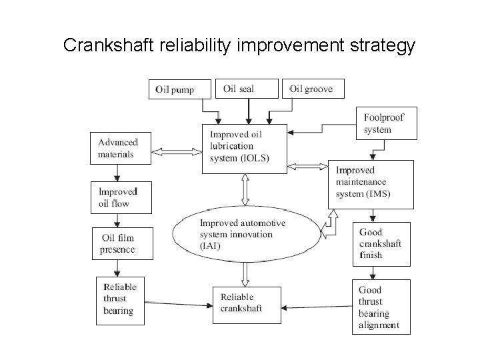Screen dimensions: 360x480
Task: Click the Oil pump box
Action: tap(180, 89)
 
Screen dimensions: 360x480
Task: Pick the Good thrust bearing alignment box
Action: tap(381, 307)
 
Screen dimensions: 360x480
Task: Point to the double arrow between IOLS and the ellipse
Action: tap(245, 189)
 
